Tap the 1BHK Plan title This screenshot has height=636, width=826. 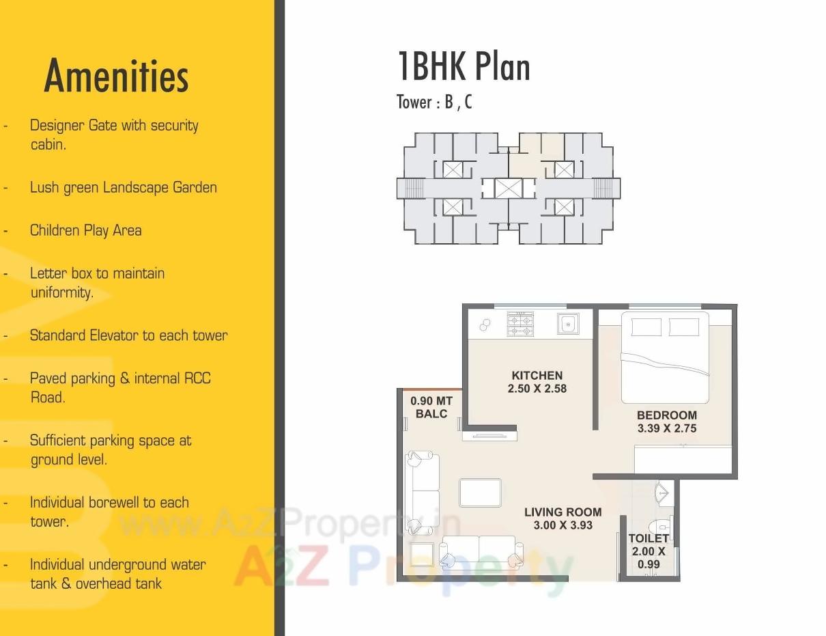point(464,67)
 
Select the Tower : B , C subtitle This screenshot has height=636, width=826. point(434,102)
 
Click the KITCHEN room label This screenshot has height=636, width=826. point(537,375)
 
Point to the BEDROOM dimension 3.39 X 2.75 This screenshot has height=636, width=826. point(666,428)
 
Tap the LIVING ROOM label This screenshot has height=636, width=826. point(562,512)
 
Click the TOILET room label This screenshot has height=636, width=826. point(648,538)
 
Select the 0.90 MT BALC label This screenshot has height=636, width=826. point(431,407)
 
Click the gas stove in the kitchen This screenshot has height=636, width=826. point(519,323)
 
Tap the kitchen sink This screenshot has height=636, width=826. point(568,323)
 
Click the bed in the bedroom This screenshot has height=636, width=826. point(664,357)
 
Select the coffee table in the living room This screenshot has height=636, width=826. point(480,493)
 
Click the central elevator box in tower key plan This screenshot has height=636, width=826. point(508,188)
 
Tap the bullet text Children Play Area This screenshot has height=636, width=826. point(85,230)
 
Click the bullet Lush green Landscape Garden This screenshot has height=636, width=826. point(123,187)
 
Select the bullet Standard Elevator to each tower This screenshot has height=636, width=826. point(128,335)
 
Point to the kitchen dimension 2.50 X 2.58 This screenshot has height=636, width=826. point(537,389)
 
